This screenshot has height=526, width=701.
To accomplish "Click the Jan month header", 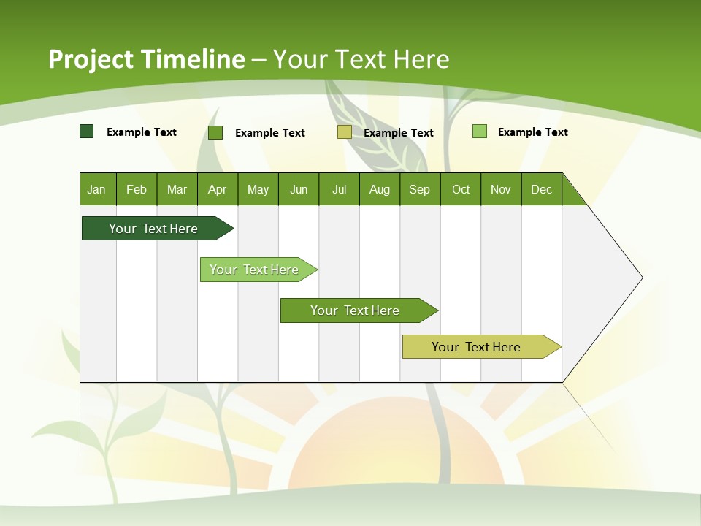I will [x=97, y=189].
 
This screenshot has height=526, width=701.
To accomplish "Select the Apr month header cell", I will [x=218, y=189].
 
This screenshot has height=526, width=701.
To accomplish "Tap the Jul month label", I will [x=339, y=189].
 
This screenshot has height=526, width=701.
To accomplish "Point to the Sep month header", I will [x=420, y=189].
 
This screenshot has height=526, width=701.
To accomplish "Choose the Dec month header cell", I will [x=541, y=189].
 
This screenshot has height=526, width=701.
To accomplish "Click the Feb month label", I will [x=137, y=189].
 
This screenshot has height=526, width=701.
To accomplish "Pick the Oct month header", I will [x=461, y=189].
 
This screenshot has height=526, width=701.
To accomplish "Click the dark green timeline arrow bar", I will [x=153, y=229].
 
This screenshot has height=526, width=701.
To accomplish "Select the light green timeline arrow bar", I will [x=255, y=270].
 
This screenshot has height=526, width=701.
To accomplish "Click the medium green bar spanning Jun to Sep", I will [x=356, y=310].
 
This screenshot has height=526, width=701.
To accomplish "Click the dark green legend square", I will [x=86, y=131].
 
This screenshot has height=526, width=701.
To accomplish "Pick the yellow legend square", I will [x=345, y=132].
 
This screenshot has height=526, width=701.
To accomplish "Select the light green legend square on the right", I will [x=479, y=131].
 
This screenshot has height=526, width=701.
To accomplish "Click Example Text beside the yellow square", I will [x=399, y=133].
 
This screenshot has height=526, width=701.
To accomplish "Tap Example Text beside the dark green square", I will [x=142, y=132].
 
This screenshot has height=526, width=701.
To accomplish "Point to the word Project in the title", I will [x=91, y=59].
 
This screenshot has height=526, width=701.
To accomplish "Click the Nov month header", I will [x=501, y=189].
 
